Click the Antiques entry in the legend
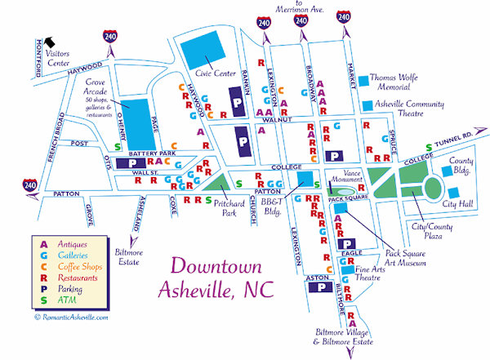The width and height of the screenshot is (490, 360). coord(67,243)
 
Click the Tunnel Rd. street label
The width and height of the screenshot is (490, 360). coord(454,136)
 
